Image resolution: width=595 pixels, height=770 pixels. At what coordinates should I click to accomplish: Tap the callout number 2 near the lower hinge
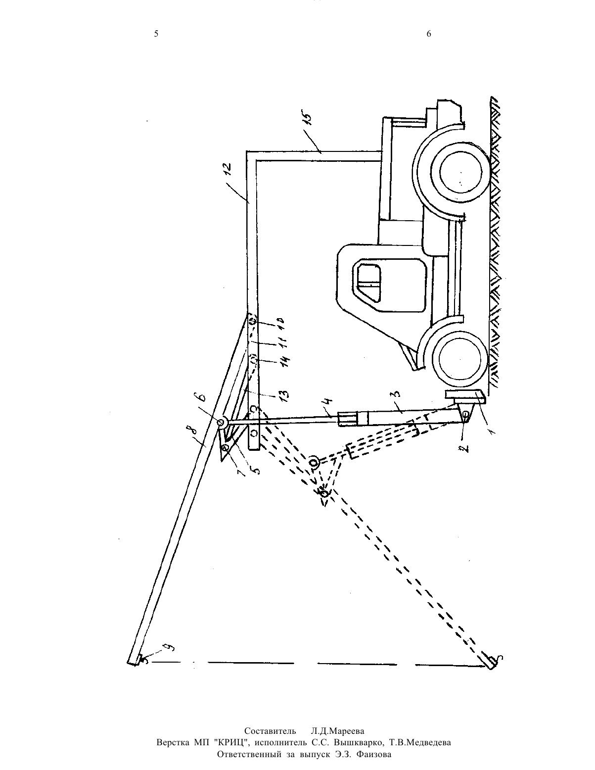(x=466, y=447)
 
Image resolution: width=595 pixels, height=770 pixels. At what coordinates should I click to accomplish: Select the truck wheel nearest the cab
(x=459, y=359)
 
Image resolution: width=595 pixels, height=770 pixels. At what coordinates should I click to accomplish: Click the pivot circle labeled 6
(x=221, y=423)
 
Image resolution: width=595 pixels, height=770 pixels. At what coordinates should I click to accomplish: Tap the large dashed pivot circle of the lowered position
(x=314, y=462)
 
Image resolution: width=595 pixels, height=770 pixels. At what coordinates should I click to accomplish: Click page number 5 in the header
(x=156, y=34)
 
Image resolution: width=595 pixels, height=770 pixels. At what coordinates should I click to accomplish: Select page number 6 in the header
(x=429, y=34)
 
